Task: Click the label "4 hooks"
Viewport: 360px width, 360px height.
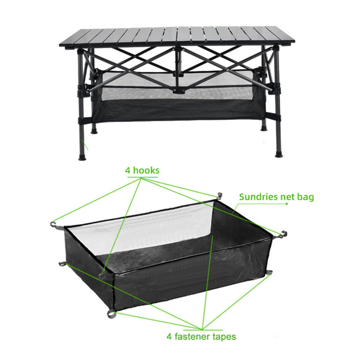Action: point(142,171)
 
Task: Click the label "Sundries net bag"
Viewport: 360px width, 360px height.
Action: point(276,197)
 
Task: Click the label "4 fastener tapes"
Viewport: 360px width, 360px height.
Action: point(201,336)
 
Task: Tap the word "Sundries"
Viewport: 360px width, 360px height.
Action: point(256,197)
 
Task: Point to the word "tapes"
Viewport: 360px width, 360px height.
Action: point(224,337)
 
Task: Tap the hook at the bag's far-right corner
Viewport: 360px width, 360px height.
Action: point(284,233)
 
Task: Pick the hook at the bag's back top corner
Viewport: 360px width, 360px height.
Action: point(219,195)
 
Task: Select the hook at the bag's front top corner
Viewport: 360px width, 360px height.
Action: point(102,275)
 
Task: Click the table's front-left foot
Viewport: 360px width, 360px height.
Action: point(82,156)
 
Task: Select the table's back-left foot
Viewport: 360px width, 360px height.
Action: point(94,131)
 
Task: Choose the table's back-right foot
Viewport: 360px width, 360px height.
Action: point(264,128)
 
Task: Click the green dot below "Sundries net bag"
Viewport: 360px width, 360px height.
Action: point(287,204)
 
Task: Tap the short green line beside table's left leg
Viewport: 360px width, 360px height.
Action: point(85,144)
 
